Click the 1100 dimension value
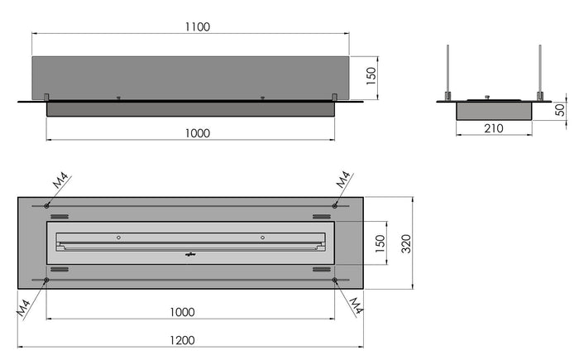(x=197, y=26)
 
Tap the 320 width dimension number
(x=405, y=242)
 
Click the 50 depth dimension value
(x=561, y=111)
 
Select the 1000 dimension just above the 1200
(x=182, y=312)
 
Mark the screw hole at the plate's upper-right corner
(x=335, y=205)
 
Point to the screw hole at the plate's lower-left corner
(x=45, y=281)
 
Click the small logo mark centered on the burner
(x=189, y=254)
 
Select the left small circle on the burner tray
(x=118, y=238)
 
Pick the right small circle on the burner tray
(x=262, y=238)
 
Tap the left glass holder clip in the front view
(x=47, y=97)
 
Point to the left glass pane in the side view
(x=448, y=70)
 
